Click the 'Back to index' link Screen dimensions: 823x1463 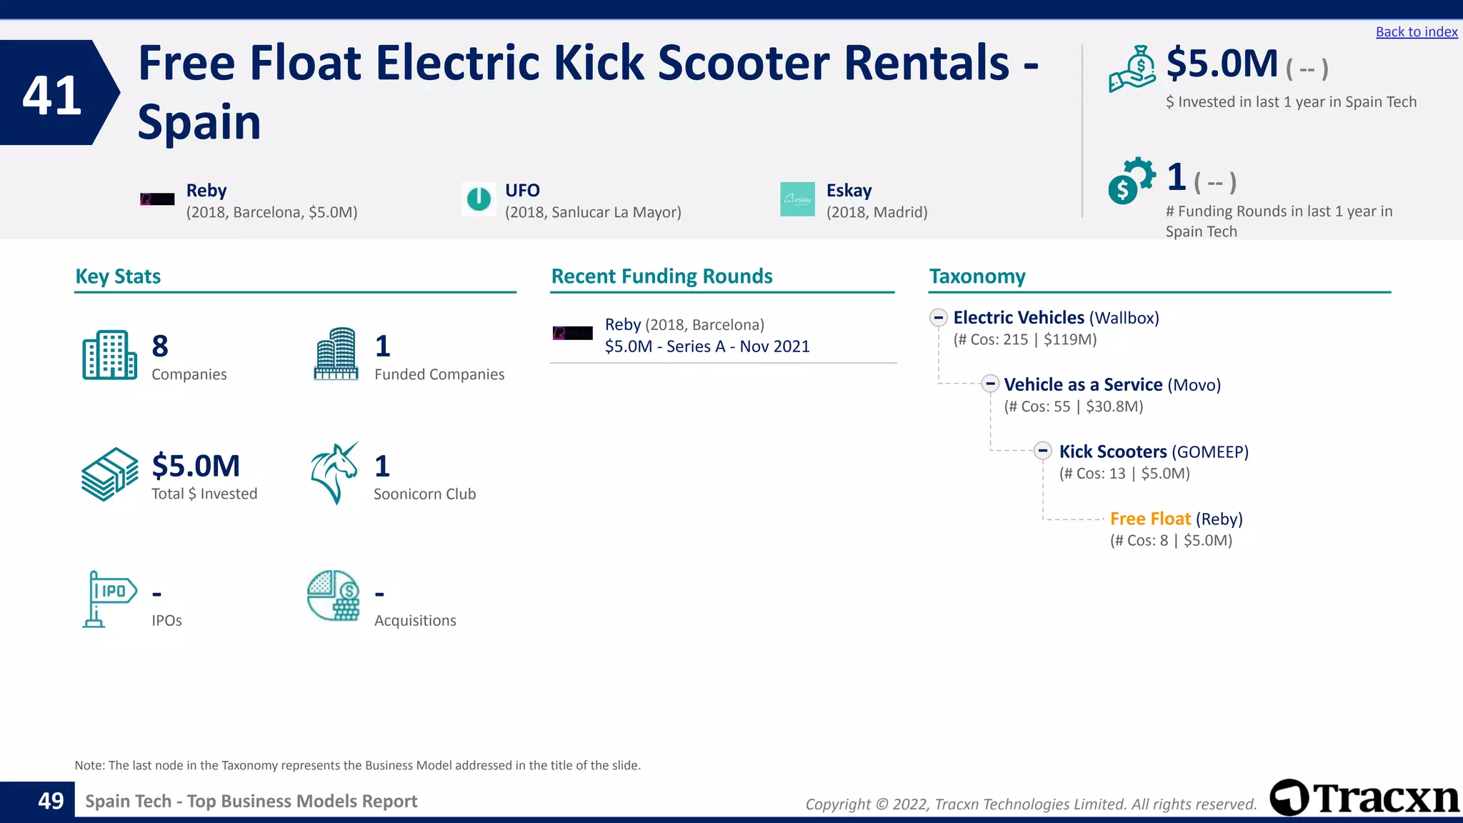1416,32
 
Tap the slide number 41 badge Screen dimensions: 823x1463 52,94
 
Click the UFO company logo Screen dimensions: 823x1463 479,199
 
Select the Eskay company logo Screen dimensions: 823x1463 797,199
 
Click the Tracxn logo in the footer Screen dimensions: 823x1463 1365,798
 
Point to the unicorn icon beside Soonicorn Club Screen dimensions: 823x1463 334,473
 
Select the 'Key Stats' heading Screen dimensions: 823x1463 118,276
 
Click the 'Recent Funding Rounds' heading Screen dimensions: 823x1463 661,276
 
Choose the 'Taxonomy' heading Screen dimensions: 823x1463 977,276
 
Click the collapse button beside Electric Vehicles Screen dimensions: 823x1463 939,317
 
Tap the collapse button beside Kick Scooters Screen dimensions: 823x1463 1043,451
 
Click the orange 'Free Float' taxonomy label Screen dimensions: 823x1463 1150,519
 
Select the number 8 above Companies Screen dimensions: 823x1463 160,346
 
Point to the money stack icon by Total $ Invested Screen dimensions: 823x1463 109,474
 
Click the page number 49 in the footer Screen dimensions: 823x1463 51,801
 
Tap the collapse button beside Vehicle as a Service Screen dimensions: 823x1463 990,384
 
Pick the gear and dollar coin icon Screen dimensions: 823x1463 1131,181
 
